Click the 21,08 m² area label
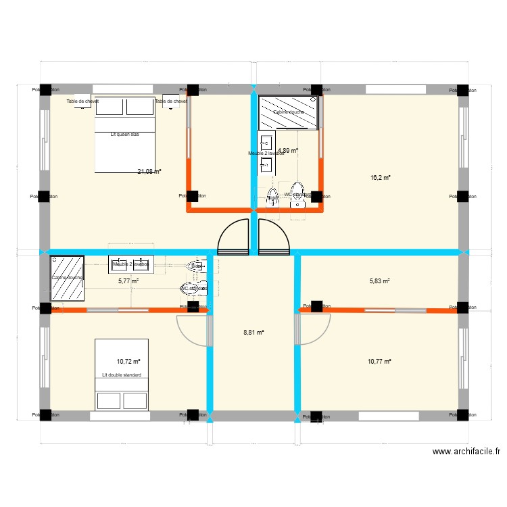[x=149, y=172]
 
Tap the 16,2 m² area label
[x=381, y=178]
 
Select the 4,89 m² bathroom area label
[x=287, y=151]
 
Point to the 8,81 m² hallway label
[x=254, y=333]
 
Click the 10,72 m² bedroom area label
[x=128, y=362]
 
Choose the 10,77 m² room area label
[x=379, y=362]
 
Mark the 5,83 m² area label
[x=379, y=281]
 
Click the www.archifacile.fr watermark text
[x=466, y=452]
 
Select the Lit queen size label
[x=124, y=135]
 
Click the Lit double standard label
[x=121, y=375]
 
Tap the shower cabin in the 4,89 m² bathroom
[x=288, y=112]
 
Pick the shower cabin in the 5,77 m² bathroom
[x=67, y=277]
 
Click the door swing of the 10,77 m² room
[x=313, y=329]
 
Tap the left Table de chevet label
[x=82, y=101]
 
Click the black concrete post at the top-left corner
[x=45, y=89]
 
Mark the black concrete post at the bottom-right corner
[x=463, y=415]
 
